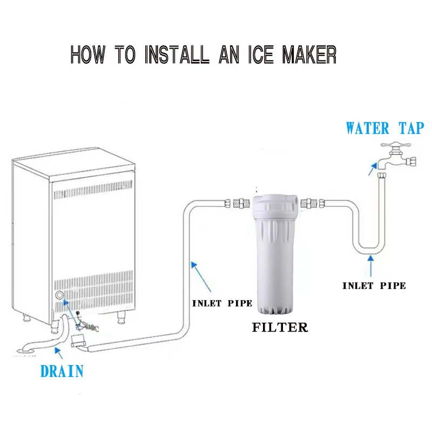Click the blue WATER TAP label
[x=384, y=129]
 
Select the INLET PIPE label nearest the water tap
[x=374, y=286]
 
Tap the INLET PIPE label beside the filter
[x=222, y=303]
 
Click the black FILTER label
[x=280, y=327]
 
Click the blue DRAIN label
[x=62, y=371]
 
